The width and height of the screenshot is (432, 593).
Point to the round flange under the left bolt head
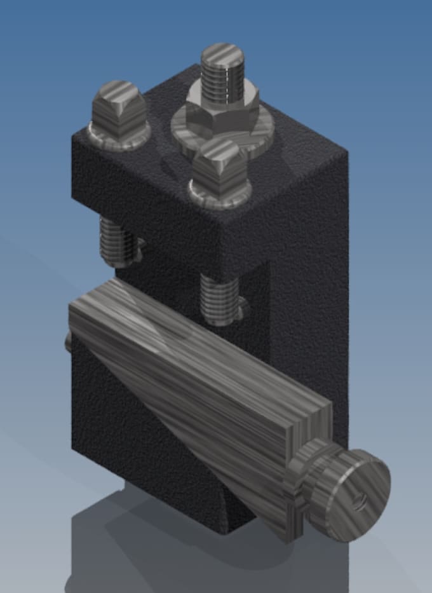(x=118, y=137)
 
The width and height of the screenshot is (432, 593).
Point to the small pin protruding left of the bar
(x=68, y=343)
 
